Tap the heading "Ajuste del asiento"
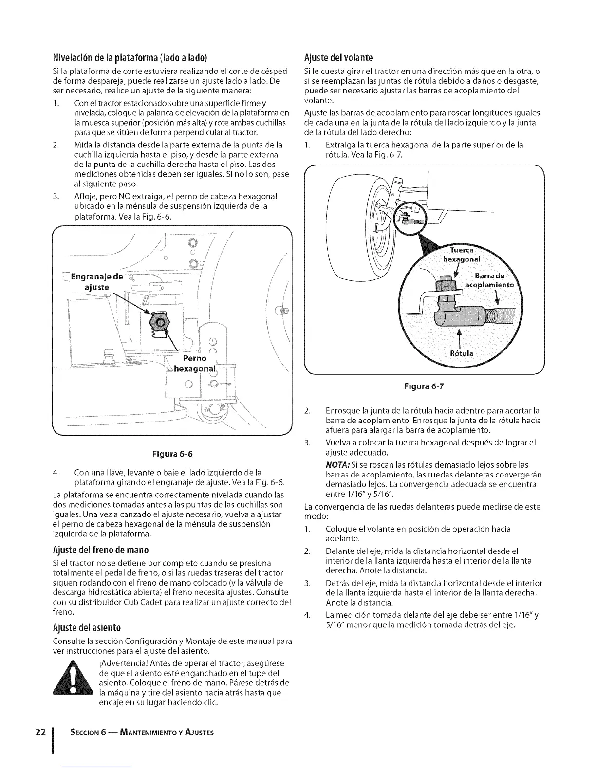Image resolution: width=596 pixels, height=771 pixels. pyautogui.click(x=87, y=626)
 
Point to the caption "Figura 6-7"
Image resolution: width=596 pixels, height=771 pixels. pyautogui.click(x=423, y=386)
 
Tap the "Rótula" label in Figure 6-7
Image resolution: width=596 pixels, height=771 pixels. pyautogui.click(x=460, y=353)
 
